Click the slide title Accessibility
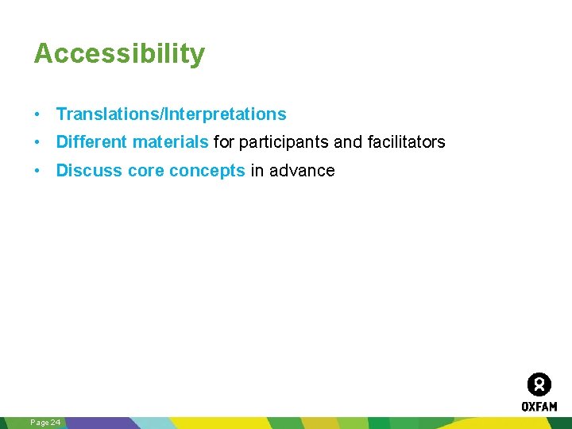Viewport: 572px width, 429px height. click(x=119, y=54)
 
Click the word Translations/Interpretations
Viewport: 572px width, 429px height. click(x=171, y=114)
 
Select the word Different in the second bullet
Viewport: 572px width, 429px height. click(x=91, y=142)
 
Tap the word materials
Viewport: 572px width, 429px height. click(x=170, y=142)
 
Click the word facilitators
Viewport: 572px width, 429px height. click(x=406, y=142)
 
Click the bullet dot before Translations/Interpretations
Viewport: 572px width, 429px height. click(x=37, y=114)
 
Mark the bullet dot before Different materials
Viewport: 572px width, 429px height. click(x=37, y=143)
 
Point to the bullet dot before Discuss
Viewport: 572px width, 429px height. click(x=37, y=171)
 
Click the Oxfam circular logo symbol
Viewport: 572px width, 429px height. click(x=539, y=385)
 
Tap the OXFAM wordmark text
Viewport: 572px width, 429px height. click(x=539, y=406)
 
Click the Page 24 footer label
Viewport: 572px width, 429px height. click(x=45, y=423)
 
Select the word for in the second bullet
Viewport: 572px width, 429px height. click(x=225, y=142)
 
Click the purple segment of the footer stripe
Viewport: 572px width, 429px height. click(x=103, y=423)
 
